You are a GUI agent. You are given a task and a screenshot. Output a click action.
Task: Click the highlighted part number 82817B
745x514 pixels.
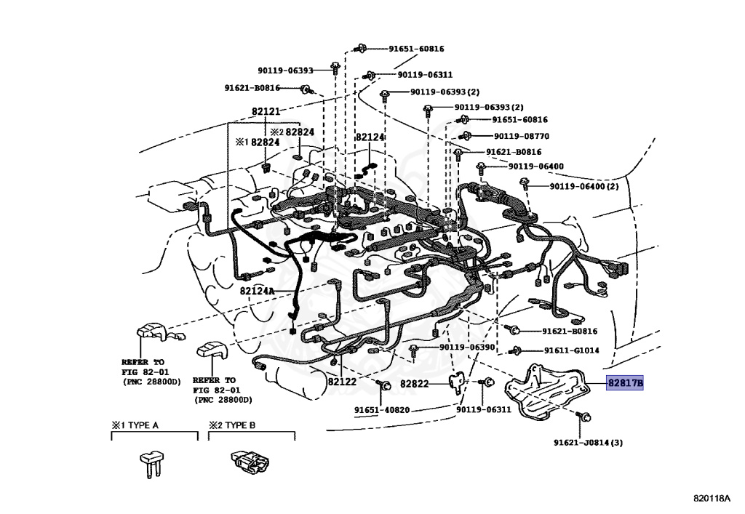[625, 383]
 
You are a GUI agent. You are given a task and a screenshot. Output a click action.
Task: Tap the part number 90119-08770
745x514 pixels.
[521, 136]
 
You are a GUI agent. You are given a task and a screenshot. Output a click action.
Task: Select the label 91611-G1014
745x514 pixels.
[570, 350]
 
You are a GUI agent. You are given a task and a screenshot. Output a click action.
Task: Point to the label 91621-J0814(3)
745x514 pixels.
[588, 442]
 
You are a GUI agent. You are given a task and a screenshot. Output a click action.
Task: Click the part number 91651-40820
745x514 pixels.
[382, 410]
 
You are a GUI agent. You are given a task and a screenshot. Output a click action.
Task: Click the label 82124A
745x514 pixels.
[258, 291]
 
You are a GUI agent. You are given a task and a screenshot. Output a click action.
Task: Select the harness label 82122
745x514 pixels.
[341, 382]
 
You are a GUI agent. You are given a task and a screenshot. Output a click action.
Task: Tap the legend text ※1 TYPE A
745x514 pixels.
[135, 425]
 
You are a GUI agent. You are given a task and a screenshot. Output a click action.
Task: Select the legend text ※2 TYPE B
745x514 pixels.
[232, 425]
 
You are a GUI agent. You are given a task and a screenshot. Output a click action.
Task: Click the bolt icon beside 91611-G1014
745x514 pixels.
[517, 350]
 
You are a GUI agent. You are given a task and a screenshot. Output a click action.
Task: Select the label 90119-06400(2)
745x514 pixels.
[583, 187]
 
